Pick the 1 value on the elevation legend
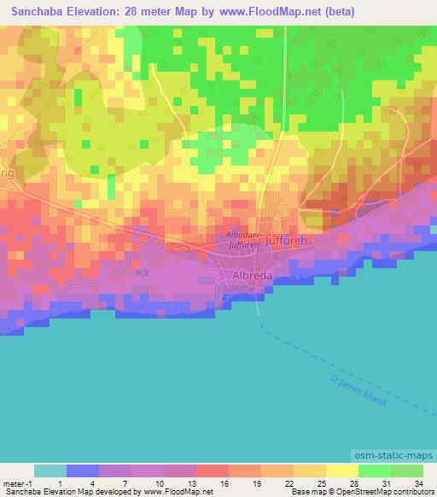[x=59, y=483]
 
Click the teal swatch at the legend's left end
[x=50, y=471]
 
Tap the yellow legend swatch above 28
[x=342, y=471]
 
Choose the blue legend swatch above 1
[x=83, y=471]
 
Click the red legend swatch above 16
[x=213, y=471]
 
